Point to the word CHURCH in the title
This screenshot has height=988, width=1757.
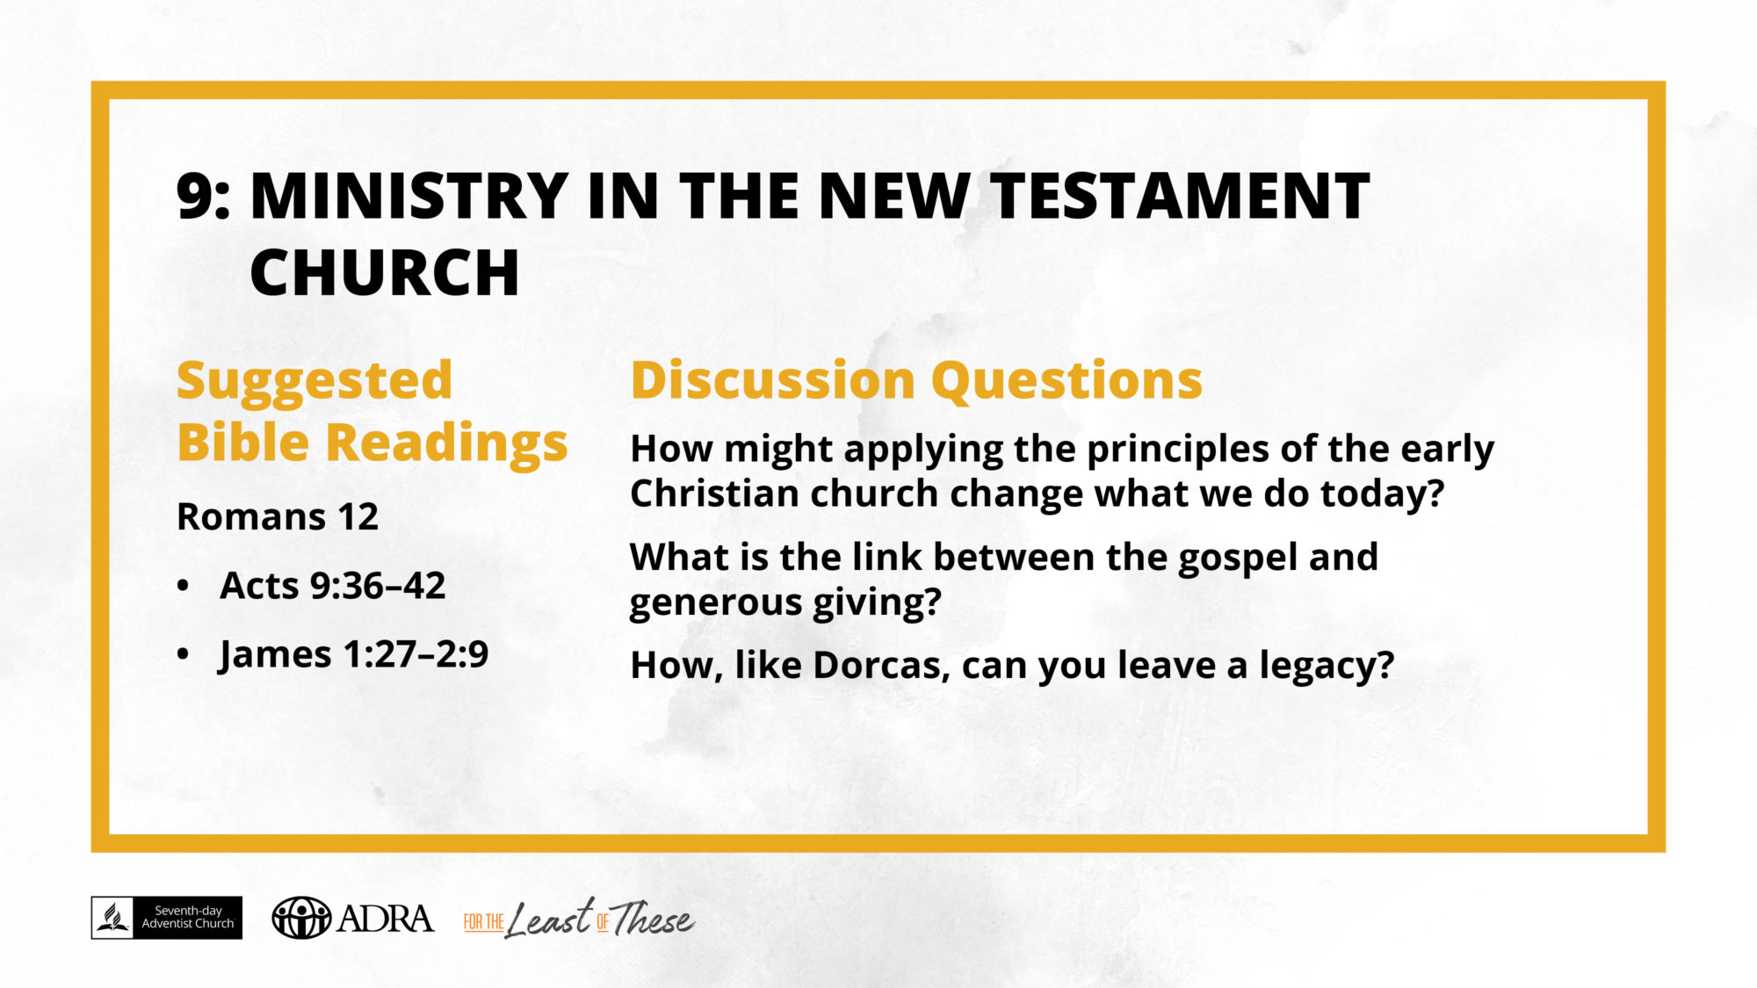pos(385,272)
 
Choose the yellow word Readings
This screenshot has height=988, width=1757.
pos(447,444)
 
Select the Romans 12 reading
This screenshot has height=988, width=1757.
pos(278,516)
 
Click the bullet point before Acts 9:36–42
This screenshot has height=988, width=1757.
pos(183,587)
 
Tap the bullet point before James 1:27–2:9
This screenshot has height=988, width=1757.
pos(183,654)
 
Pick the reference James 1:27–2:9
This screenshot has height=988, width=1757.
pos(354,655)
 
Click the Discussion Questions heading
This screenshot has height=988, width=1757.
pos(916,380)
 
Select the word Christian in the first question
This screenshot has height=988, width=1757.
pos(715,494)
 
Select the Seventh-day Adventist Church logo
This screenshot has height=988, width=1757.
pos(167,918)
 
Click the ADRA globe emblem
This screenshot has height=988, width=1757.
pos(301,918)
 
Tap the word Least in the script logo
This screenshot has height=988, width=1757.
pos(550,919)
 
